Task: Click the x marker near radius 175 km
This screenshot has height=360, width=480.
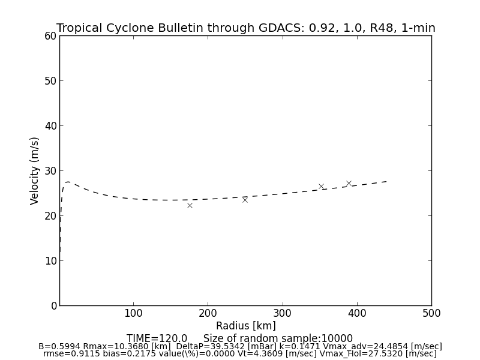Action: (x=190, y=205)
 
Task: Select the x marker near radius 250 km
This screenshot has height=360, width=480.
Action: (x=245, y=200)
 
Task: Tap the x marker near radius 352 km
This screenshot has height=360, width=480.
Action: (x=321, y=187)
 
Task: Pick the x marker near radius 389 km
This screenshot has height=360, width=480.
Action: (x=349, y=183)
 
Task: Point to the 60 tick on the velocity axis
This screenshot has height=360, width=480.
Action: (x=50, y=36)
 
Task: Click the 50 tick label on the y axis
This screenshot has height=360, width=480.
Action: (x=50, y=81)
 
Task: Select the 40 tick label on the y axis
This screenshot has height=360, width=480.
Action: (x=50, y=126)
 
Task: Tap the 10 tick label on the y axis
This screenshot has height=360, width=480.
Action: (x=50, y=261)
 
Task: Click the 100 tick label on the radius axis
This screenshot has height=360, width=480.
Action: (x=133, y=313)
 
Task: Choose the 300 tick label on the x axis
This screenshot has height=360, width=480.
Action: (x=283, y=313)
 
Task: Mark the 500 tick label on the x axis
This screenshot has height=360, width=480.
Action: (x=431, y=313)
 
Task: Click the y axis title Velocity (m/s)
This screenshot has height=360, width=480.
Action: (x=35, y=170)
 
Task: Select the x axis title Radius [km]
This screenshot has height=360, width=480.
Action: (x=246, y=326)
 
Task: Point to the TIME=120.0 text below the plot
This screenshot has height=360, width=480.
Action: (x=157, y=338)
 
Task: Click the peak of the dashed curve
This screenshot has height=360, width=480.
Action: (x=68, y=182)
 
